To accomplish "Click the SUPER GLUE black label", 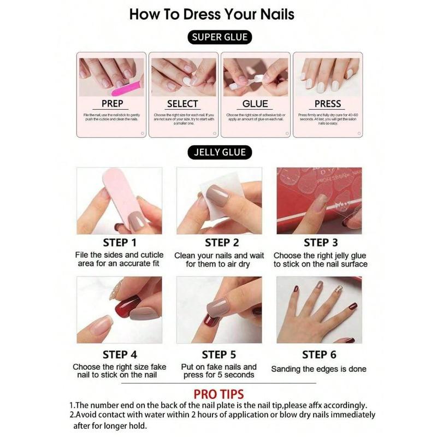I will click(x=220, y=38).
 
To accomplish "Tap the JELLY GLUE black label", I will click(x=220, y=152).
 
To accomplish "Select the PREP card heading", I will click(x=113, y=103).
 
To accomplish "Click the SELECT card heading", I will click(x=182, y=103).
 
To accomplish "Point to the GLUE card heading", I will click(x=255, y=103).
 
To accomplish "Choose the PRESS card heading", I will click(x=328, y=103).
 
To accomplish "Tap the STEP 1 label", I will click(x=120, y=243).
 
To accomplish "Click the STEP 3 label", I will click(x=320, y=243).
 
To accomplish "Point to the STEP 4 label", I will click(x=120, y=355).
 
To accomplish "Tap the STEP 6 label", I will click(x=319, y=355).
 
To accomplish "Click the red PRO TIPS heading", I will click(x=218, y=394).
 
